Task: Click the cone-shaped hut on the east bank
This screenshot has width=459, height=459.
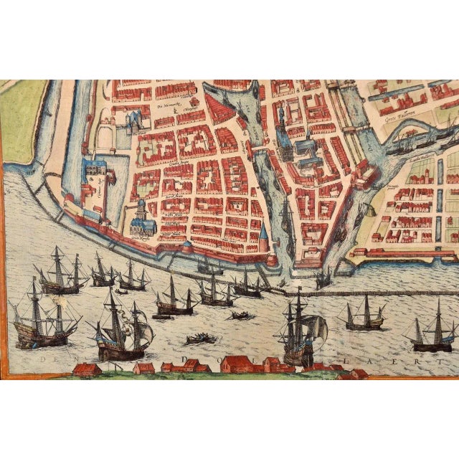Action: (x=369, y=210)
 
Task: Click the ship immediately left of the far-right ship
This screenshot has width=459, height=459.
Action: (x=364, y=316)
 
